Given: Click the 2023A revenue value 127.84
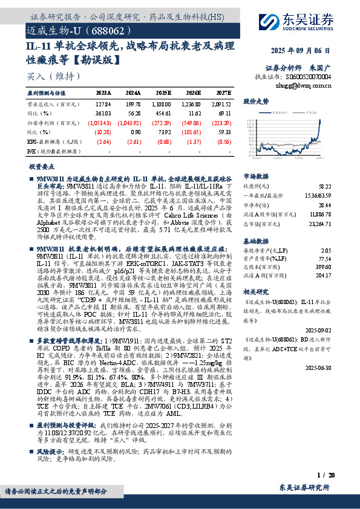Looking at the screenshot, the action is (103, 103).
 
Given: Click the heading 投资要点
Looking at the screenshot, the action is (41, 165).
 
